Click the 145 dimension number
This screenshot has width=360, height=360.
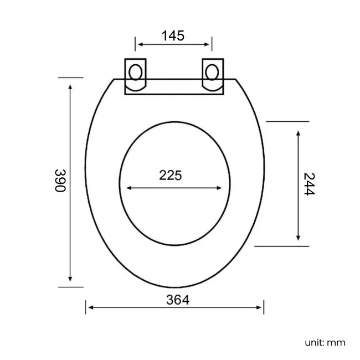coord(173,36)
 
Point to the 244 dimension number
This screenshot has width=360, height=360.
coord(309,184)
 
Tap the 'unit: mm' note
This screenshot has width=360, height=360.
coord(325,342)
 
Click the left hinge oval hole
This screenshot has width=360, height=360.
coord(135,72)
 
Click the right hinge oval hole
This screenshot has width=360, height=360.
coord(212,72)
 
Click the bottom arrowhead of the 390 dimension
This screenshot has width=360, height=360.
coord(70,279)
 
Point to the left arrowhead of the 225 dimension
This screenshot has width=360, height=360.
coord(129,188)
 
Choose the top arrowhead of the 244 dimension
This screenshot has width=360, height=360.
coord(299,133)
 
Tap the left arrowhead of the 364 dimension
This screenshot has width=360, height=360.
coord(89,307)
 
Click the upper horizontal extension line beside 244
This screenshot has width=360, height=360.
coord(287,121)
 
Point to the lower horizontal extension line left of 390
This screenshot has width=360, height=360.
coord(70,287)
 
